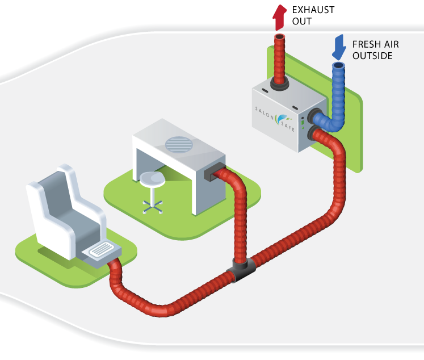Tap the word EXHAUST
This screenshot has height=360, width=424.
pos(313,10)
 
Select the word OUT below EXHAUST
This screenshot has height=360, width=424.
pos(302,22)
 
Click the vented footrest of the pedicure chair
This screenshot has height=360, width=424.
pos(103,250)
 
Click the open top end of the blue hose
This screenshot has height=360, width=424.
pos(339,67)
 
